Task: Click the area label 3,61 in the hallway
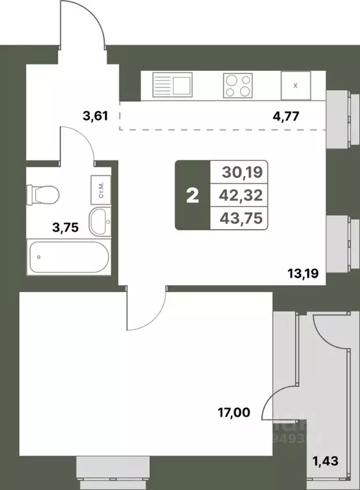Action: click(94, 116)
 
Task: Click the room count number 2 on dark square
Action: click(192, 195)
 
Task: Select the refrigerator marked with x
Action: click(294, 85)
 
